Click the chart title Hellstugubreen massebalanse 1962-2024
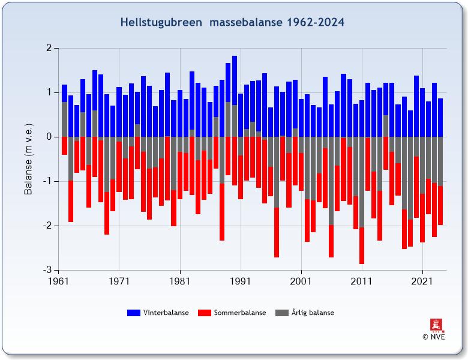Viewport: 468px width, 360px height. pos(232,22)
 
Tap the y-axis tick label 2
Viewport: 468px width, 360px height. pos(49,48)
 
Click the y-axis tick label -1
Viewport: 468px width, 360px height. pos(47,181)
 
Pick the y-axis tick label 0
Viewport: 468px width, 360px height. pos(49,137)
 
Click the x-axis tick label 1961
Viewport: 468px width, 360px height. pos(58,280)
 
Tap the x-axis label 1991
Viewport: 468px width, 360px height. pos(240,280)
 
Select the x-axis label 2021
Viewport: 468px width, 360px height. pos(422,280)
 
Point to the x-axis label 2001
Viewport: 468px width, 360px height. pos(301,280)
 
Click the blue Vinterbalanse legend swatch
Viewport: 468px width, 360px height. pos(133,313)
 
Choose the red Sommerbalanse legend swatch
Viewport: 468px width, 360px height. pos(205,313)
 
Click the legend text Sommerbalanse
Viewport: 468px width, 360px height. pos(239,313)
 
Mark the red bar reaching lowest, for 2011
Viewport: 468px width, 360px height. pos(361,246)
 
